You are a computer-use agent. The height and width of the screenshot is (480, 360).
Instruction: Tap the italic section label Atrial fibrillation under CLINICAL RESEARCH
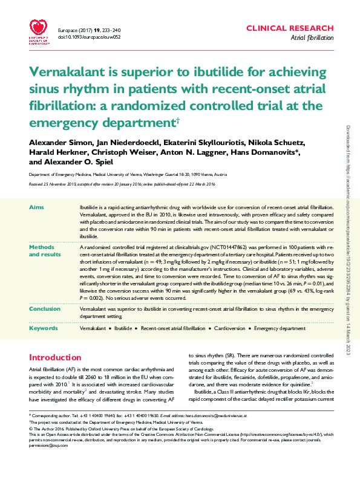click(x=312, y=37)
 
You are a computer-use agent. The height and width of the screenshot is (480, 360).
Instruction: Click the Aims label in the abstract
click(x=36, y=207)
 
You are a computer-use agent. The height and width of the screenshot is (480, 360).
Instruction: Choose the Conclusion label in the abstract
click(x=45, y=309)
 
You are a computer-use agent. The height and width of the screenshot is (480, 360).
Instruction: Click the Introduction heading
click(x=56, y=357)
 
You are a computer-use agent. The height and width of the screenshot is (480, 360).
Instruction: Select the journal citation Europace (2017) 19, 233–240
click(x=90, y=29)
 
